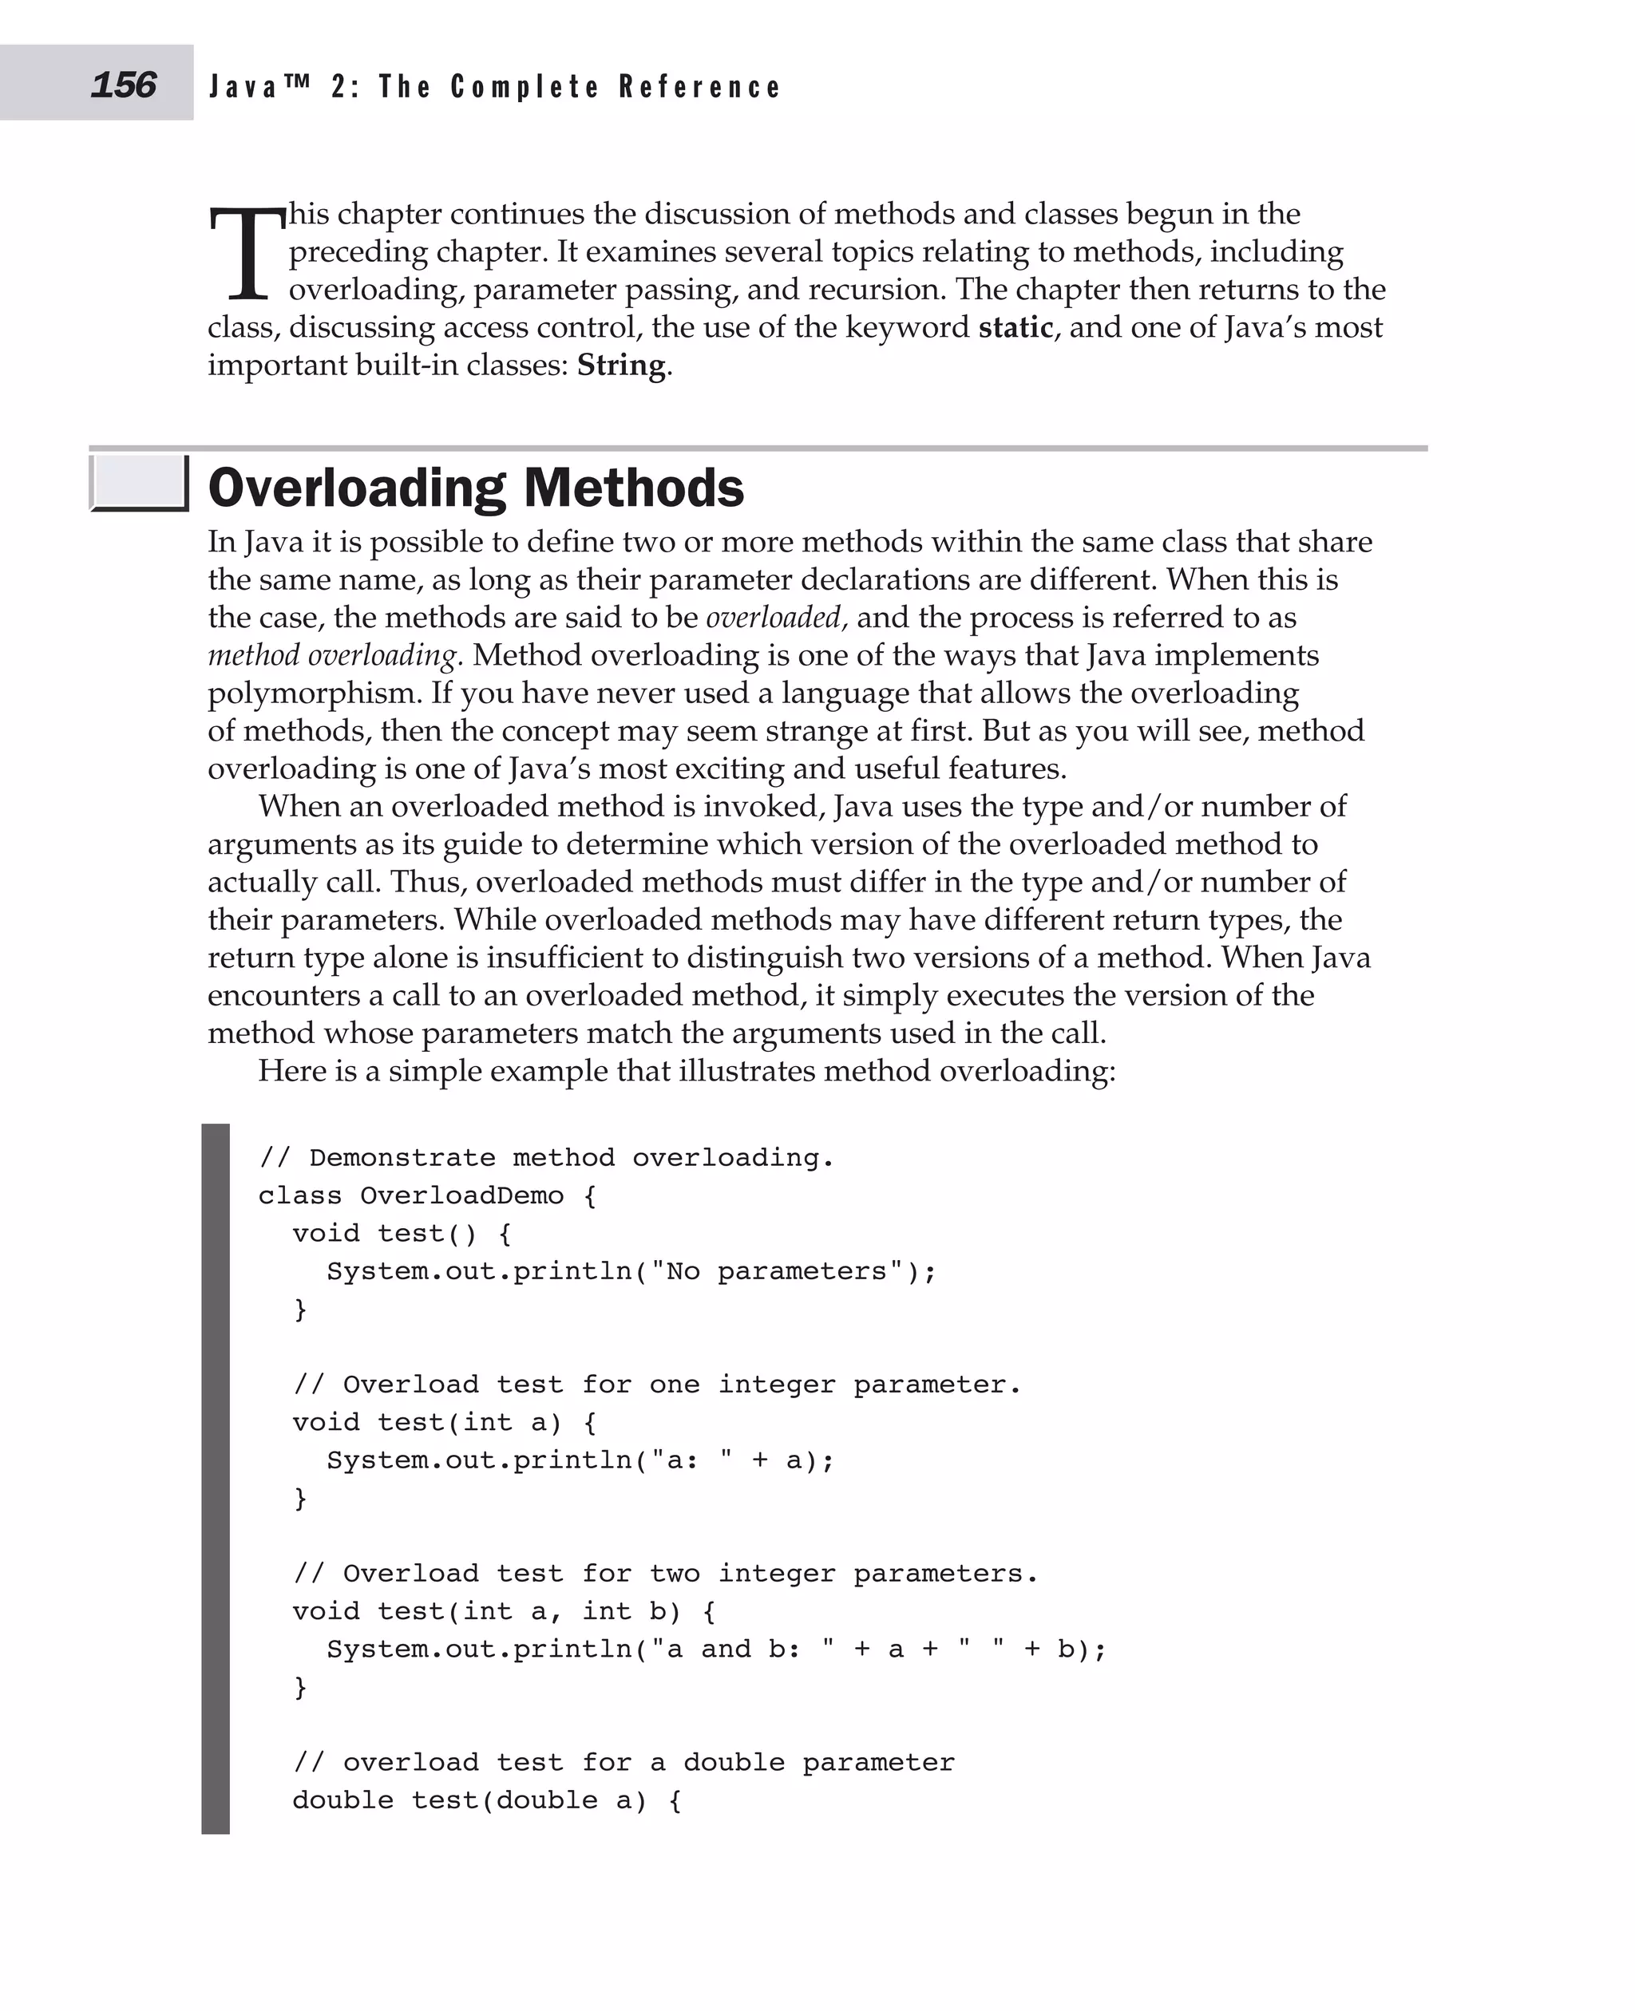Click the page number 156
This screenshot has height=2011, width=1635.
[124, 85]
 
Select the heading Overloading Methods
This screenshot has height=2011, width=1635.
[476, 488]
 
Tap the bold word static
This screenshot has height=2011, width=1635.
[1015, 328]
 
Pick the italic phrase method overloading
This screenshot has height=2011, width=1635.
[332, 655]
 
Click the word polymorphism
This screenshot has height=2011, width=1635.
[315, 693]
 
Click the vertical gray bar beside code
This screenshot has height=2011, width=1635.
[216, 1478]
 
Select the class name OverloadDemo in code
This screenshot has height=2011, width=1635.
[461, 1195]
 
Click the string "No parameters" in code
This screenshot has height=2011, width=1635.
[777, 1271]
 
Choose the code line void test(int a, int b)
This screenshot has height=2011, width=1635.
[504, 1611]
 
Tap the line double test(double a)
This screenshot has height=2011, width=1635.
[486, 1800]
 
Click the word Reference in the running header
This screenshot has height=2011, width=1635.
[700, 88]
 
